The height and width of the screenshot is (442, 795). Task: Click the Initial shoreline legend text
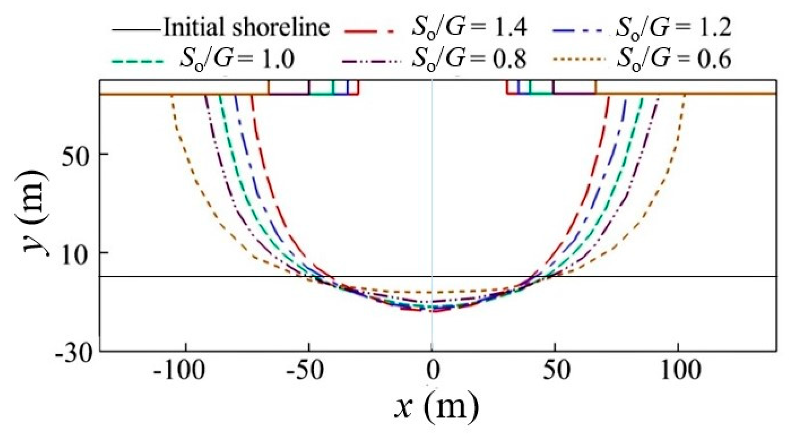[246, 27]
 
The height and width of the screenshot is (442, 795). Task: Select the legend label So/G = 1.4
[469, 27]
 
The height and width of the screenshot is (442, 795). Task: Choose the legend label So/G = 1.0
[237, 59]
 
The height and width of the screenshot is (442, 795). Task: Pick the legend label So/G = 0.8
[469, 59]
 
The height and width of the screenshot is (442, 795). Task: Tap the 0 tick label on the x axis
[432, 370]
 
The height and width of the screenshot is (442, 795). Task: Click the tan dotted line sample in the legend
[578, 59]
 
